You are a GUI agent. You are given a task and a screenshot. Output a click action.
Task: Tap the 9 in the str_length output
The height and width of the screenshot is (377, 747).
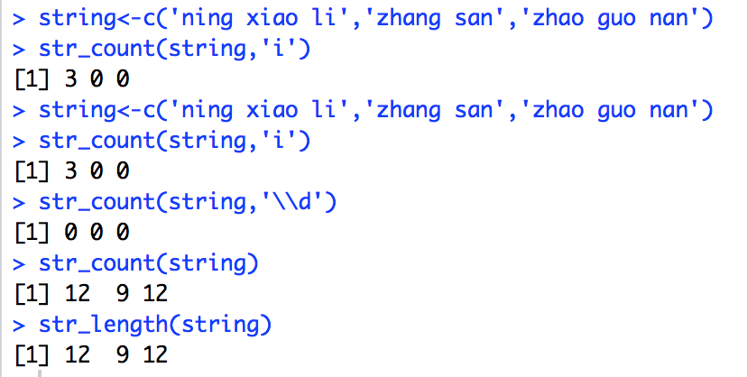click(123, 354)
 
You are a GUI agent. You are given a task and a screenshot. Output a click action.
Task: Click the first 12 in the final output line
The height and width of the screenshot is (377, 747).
click(78, 354)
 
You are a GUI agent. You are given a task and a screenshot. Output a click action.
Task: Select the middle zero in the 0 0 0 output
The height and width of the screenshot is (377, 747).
click(100, 231)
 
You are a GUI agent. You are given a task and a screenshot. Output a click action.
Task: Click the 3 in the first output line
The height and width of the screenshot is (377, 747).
click(72, 78)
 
